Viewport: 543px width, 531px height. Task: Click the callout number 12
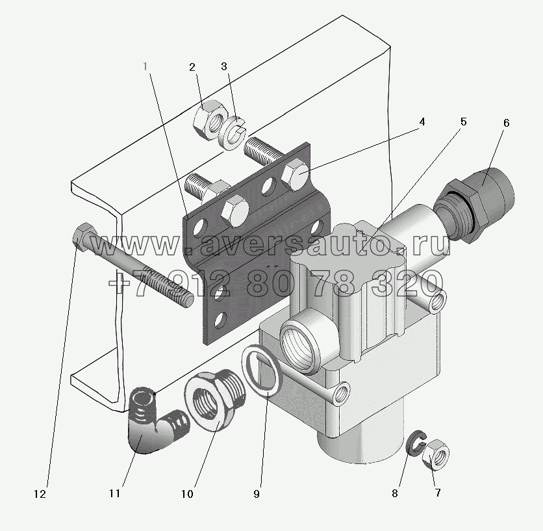pyautogui.click(x=40, y=494)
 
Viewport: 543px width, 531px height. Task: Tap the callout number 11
pyautogui.click(x=114, y=493)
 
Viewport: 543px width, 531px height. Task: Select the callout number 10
pyautogui.click(x=187, y=494)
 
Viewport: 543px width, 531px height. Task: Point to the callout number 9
pyautogui.click(x=257, y=494)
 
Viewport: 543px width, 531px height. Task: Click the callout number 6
pyautogui.click(x=506, y=123)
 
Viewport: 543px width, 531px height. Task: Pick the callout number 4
pyautogui.click(x=422, y=122)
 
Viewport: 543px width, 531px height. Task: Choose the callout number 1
pyautogui.click(x=145, y=66)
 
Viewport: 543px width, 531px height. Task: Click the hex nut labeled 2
pyautogui.click(x=210, y=120)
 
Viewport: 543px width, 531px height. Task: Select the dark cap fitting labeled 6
pyautogui.click(x=474, y=205)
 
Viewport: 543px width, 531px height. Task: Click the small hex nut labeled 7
pyautogui.click(x=436, y=454)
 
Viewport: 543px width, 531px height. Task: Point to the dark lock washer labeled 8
pyautogui.click(x=416, y=443)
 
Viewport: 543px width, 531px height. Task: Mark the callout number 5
pyautogui.click(x=463, y=122)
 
